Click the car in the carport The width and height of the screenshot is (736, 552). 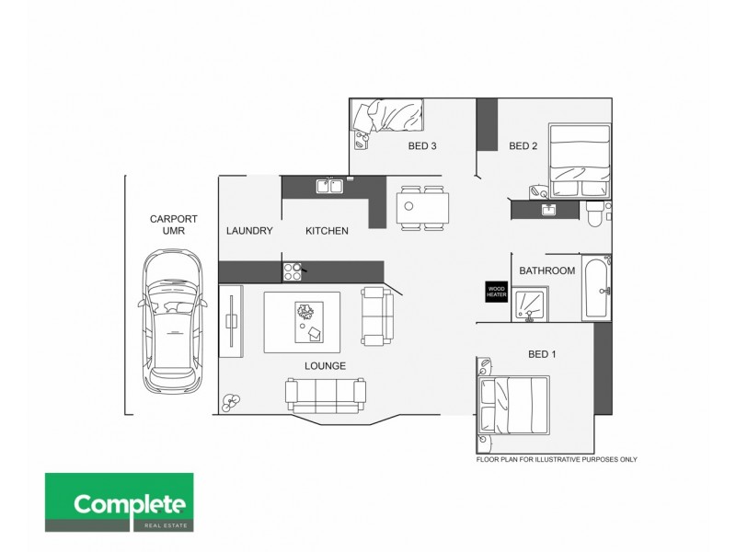pyautogui.click(x=170, y=321)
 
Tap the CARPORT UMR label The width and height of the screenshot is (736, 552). pyautogui.click(x=167, y=224)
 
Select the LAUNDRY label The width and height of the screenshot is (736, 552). pyautogui.click(x=249, y=231)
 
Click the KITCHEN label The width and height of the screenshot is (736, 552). pyautogui.click(x=327, y=231)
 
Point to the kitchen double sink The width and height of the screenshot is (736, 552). pyautogui.click(x=329, y=186)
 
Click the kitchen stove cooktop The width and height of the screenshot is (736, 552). pyautogui.click(x=293, y=270)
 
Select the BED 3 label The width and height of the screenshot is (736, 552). pyautogui.click(x=422, y=145)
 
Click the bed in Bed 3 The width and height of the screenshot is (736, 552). pyautogui.click(x=387, y=119)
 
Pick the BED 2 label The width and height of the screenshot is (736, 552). pyautogui.click(x=523, y=145)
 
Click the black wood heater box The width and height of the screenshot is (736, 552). pyautogui.click(x=497, y=291)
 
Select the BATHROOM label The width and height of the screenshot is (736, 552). pyautogui.click(x=546, y=270)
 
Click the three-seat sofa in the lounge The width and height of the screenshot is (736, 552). pyautogui.click(x=325, y=395)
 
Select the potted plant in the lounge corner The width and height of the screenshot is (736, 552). pyautogui.click(x=230, y=401)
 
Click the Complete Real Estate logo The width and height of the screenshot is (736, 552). pyautogui.click(x=120, y=503)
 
